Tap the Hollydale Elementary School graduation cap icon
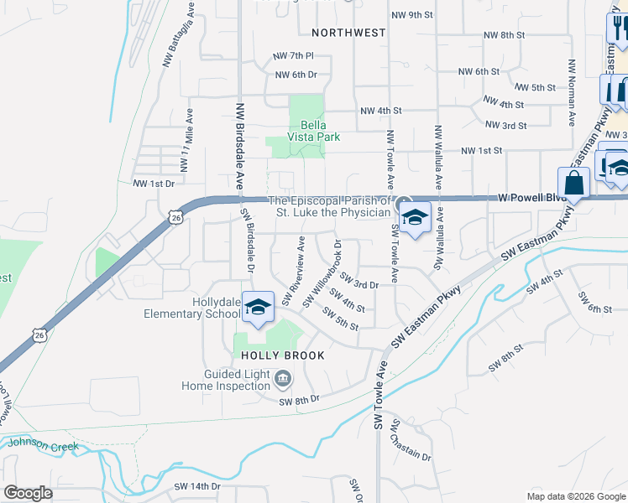pyautogui.click(x=259, y=308)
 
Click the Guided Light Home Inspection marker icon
pyautogui.click(x=284, y=381)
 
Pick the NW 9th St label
pyautogui.click(x=411, y=15)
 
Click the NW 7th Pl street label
pyautogui.click(x=293, y=56)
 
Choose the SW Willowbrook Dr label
pyautogui.click(x=324, y=273)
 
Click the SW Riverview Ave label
pyautogui.click(x=297, y=272)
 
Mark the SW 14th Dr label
pyautogui.click(x=196, y=486)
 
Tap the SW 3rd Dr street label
pyautogui.click(x=361, y=285)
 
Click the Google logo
pyautogui.click(x=28, y=493)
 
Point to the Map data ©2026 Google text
pyautogui.click(x=575, y=496)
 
